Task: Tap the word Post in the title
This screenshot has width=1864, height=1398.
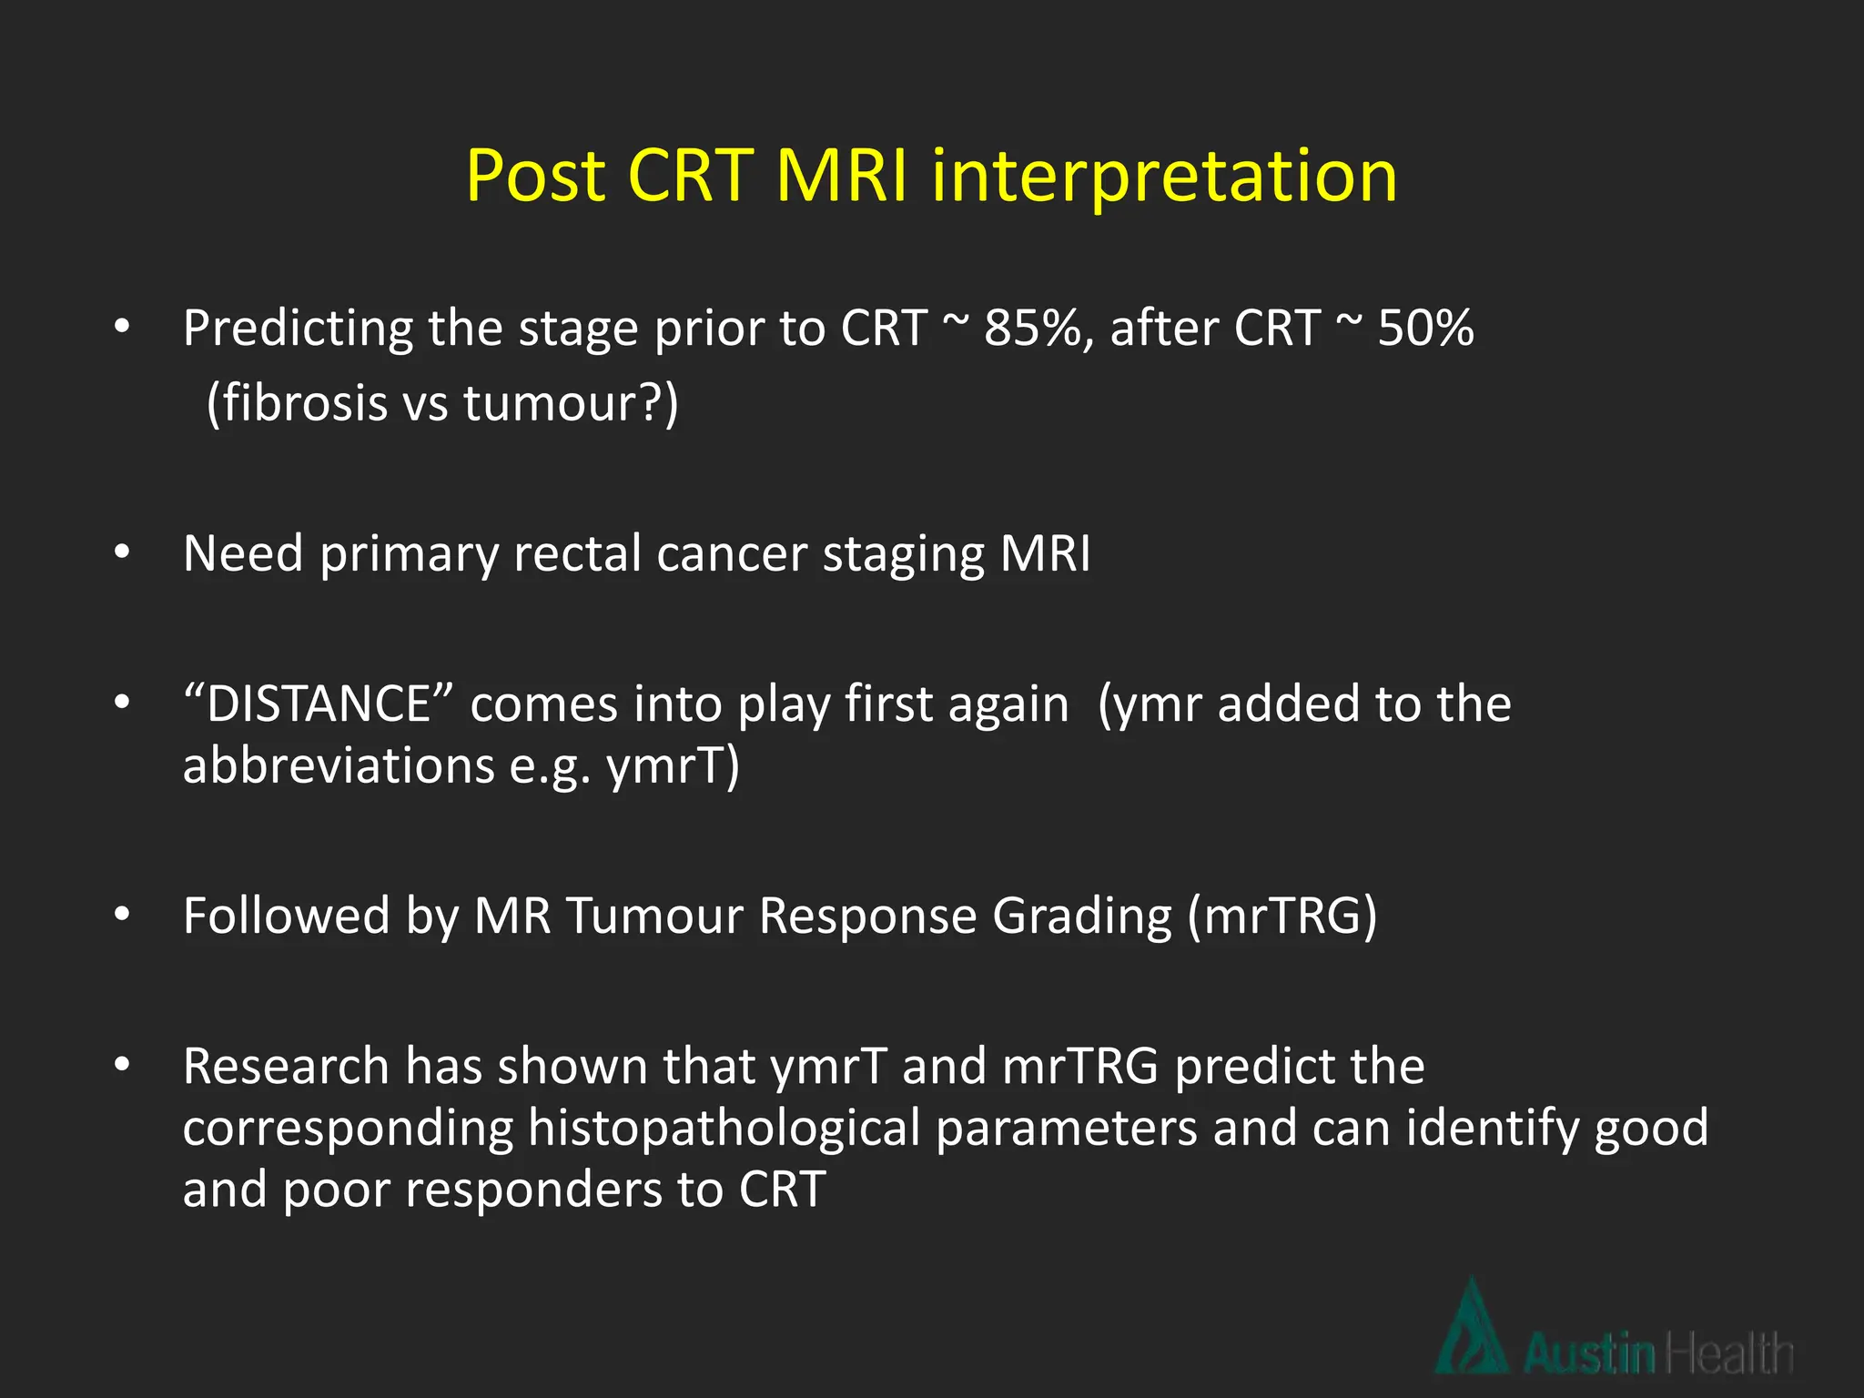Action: coord(535,175)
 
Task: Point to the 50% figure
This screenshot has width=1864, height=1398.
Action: coord(1425,328)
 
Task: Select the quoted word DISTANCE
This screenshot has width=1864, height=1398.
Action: coord(318,704)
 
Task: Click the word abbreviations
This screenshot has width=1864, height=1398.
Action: coord(338,765)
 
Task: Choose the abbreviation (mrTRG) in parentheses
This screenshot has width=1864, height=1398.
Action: coord(1282,916)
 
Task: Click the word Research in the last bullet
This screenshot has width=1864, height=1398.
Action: coord(286,1066)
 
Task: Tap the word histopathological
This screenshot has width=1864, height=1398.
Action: coord(724,1129)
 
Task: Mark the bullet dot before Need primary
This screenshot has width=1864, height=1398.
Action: coord(122,552)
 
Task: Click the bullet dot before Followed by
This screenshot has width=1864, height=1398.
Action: coord(122,915)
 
